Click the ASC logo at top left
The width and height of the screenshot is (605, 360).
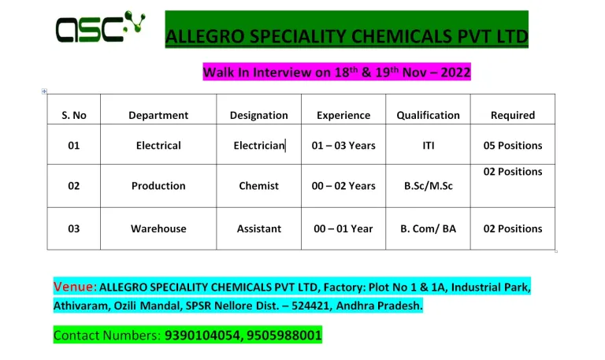click(100, 27)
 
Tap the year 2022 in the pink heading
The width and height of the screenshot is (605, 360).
click(455, 72)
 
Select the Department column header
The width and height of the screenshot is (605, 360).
click(158, 115)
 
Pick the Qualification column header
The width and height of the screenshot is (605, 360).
click(428, 115)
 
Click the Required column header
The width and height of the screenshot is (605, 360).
click(513, 115)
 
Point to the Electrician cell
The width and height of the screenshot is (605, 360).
click(259, 146)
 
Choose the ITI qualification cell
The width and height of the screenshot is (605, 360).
click(429, 146)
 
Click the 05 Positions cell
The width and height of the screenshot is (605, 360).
click(513, 146)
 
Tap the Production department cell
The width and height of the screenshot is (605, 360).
click(158, 186)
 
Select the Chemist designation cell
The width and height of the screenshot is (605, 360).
click(258, 186)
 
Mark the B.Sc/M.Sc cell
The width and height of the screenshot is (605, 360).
click(429, 186)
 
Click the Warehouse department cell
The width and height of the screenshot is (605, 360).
click(158, 228)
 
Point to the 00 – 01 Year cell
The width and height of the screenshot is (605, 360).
click(343, 228)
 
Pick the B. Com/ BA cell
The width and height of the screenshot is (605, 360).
click(428, 228)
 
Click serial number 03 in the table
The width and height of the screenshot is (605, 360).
click(74, 228)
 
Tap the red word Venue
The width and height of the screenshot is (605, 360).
click(75, 287)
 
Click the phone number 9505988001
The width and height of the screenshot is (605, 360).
click(284, 336)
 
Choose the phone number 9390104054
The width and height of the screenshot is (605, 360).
click(202, 336)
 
